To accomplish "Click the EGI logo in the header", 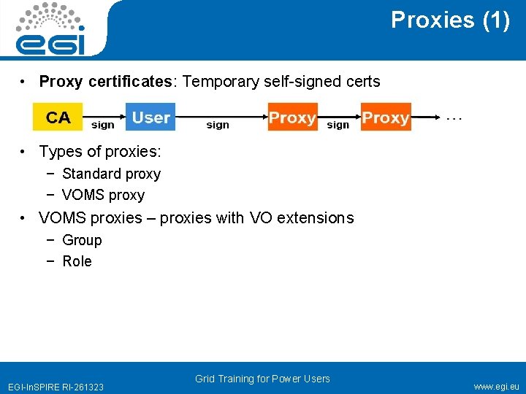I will point(50,29).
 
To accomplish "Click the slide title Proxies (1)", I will point(450,20).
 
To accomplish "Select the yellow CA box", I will point(58,117).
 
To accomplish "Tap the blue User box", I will point(151,117).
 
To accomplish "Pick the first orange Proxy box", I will point(291,117).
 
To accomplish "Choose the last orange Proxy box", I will point(386,117).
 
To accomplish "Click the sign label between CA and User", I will point(103,125).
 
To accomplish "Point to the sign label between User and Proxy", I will point(218,125).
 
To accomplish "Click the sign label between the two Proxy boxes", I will point(338,125).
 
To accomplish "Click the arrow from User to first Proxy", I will point(219,115).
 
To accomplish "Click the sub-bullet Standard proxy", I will point(111,174).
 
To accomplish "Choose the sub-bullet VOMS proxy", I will point(103,195).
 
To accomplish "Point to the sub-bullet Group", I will point(82,240).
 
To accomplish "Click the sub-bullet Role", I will point(77,261).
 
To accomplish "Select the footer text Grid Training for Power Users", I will point(262,379).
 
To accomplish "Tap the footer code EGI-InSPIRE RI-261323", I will point(56,387).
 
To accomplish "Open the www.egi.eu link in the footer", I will point(496,387).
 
